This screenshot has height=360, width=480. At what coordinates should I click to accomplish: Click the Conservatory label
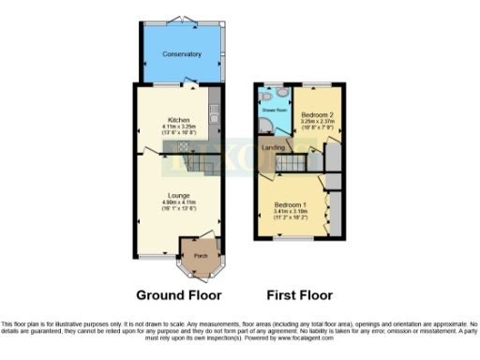pos(182,54)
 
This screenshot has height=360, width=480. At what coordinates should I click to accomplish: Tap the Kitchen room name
pos(179,120)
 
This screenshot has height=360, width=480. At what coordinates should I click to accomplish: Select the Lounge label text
pos(179,196)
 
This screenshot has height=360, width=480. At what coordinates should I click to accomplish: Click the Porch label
pos(200,255)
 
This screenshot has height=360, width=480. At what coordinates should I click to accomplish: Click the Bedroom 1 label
pos(291,204)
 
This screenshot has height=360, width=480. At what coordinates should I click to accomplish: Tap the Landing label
pos(273,148)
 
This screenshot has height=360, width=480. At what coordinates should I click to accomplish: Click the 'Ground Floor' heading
pos(179,294)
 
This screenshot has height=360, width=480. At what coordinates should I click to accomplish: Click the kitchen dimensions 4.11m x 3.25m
pos(179,127)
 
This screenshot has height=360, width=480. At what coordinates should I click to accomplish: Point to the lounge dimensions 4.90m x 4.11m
pos(179,202)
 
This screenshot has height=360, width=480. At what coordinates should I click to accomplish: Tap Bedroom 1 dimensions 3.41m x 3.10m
pos(291,211)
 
